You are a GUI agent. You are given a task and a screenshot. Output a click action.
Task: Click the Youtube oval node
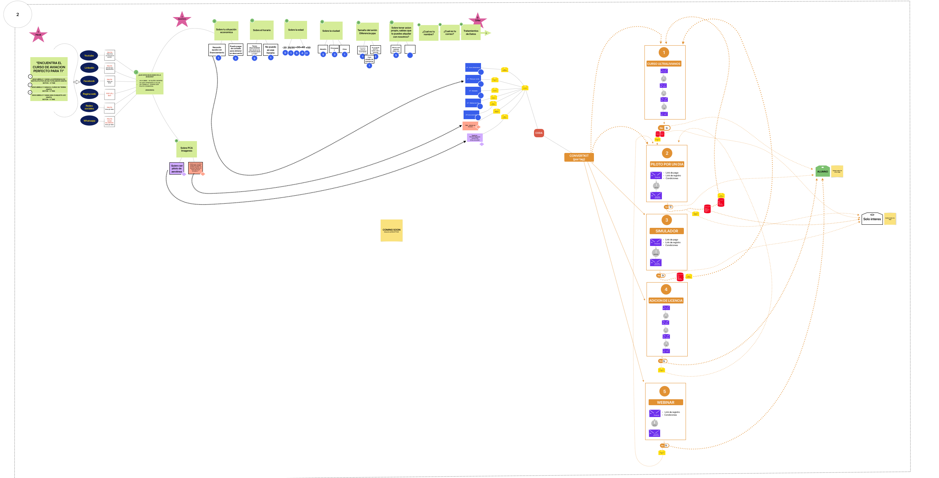(89, 55)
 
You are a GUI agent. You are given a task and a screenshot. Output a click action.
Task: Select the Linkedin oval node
(89, 68)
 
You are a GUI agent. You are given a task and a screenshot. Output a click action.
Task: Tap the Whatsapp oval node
(89, 121)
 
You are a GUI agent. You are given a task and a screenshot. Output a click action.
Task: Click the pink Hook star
(38, 34)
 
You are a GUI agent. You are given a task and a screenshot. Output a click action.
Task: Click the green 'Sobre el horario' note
(262, 30)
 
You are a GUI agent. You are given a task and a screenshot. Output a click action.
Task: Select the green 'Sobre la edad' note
(296, 30)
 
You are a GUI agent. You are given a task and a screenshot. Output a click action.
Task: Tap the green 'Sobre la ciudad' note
(331, 31)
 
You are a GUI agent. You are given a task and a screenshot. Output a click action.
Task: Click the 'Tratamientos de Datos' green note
(471, 32)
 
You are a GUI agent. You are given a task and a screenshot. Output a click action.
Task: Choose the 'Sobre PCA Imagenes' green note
(186, 149)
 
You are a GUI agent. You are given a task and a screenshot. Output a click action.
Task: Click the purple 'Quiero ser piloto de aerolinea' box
(177, 168)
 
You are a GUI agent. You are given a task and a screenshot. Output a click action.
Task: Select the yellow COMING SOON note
(391, 230)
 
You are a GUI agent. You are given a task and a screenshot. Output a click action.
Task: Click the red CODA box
(539, 133)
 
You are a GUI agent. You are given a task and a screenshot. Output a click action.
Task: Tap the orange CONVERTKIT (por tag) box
(579, 157)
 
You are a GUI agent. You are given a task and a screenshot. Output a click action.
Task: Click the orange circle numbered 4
(666, 289)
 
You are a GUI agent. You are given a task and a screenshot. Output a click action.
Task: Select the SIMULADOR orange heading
(667, 231)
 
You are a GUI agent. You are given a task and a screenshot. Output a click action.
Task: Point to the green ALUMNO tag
(822, 171)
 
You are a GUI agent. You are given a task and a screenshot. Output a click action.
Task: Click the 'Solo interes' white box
(872, 219)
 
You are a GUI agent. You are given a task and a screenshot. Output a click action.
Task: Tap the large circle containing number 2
(17, 15)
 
